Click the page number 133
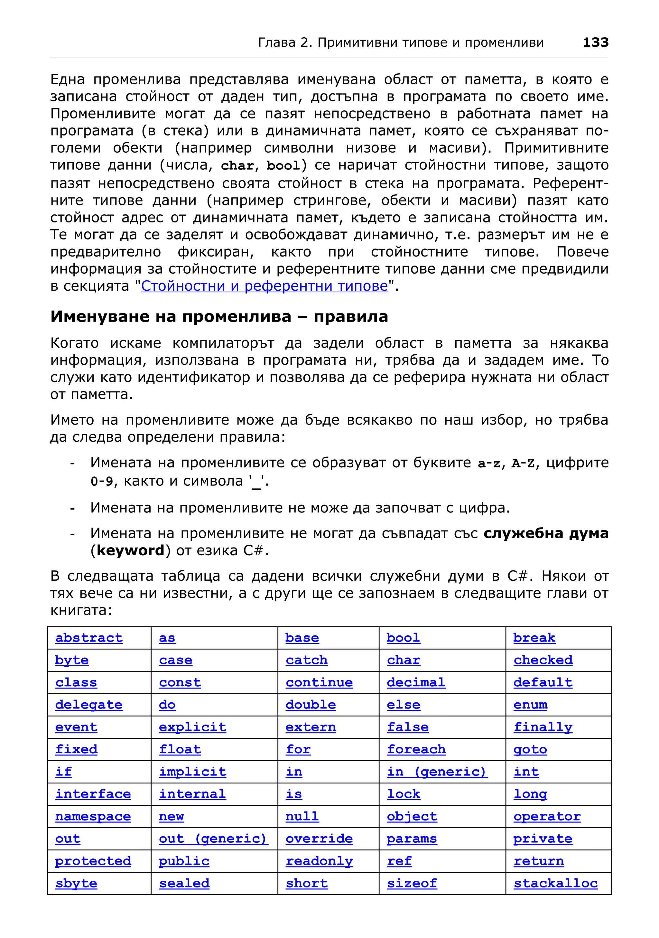point(595,42)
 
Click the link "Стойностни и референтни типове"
point(264,286)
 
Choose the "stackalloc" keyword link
point(555,883)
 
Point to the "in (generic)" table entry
point(437,771)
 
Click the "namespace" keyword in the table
point(93,816)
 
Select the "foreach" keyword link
point(416,749)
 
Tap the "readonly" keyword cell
point(319,861)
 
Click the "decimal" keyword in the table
point(416,682)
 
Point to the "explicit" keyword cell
point(192,727)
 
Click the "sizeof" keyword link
point(412,883)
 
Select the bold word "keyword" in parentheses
point(130,551)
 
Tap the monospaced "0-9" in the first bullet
point(101,481)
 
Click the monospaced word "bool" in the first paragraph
point(283,165)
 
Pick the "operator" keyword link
point(547,816)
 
